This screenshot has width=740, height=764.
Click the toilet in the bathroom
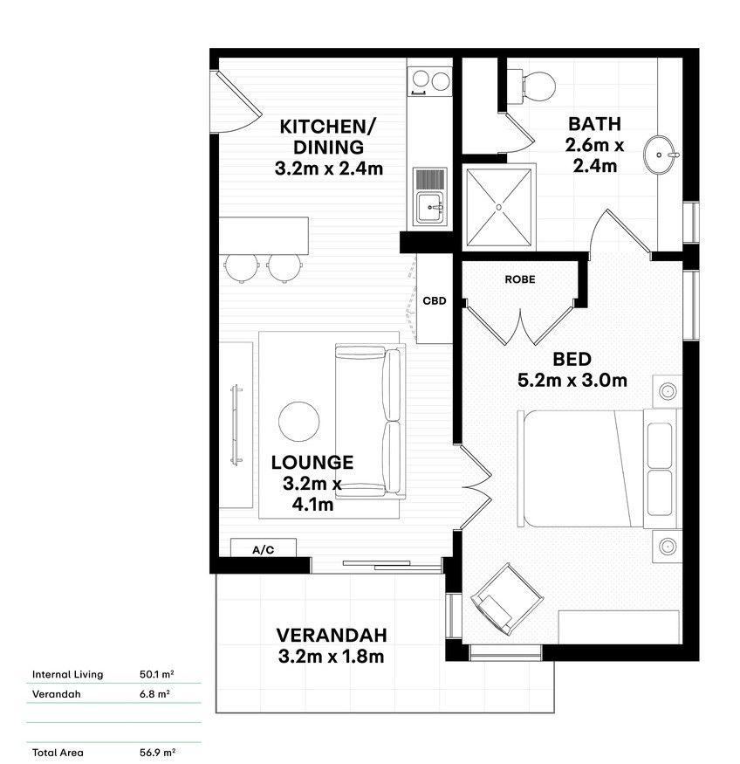click(x=533, y=83)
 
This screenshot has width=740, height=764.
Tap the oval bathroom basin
click(x=660, y=155)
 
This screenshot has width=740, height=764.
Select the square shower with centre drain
click(x=498, y=207)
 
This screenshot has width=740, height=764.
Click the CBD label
click(x=434, y=300)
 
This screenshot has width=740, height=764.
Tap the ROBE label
click(x=520, y=279)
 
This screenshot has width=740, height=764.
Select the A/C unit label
click(x=263, y=549)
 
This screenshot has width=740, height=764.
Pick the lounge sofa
click(x=371, y=419)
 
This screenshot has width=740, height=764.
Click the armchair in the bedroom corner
click(x=494, y=599)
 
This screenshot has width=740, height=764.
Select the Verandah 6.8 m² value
click(x=154, y=694)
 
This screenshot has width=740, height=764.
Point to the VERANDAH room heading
click(x=332, y=635)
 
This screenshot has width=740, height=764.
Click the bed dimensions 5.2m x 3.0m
click(x=572, y=380)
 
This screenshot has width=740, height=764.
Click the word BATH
click(x=593, y=123)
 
